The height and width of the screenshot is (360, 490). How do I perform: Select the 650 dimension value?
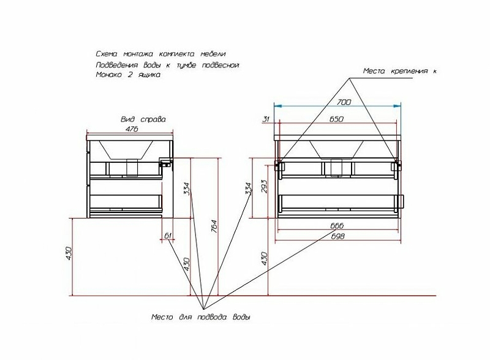336,119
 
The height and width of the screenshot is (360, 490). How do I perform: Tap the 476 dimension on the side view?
130,129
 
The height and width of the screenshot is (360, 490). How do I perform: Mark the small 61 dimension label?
167,235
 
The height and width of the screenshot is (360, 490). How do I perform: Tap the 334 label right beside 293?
249,189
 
